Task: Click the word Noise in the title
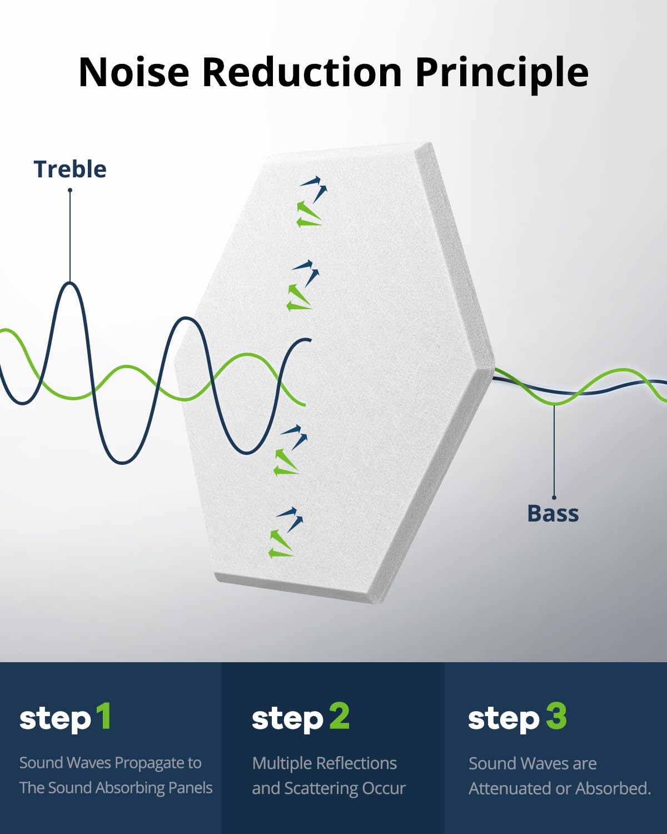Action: point(134,72)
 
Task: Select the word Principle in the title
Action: point(502,75)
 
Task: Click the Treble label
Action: point(70,170)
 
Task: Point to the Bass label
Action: point(553,514)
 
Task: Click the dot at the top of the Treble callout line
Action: point(70,190)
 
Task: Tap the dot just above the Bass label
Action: point(554,498)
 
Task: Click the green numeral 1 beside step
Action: point(104,716)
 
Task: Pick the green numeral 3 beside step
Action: point(556,716)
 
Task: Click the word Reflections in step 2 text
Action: point(356,763)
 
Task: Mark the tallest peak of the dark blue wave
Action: point(70,284)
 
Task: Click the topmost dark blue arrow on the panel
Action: point(311,181)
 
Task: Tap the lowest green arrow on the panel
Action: point(281,553)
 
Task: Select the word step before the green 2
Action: point(287,719)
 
